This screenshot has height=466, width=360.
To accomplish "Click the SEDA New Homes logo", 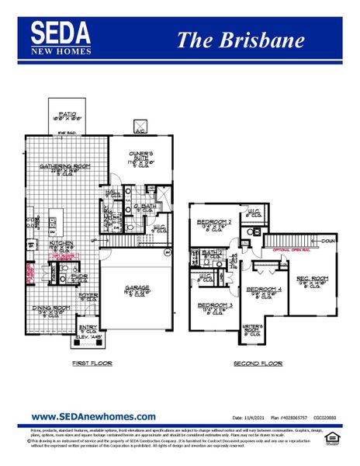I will tap(61, 37).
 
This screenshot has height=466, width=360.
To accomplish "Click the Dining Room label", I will tap(46, 309).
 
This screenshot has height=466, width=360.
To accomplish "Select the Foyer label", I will tap(88, 295).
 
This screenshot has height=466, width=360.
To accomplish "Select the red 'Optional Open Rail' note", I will tap(292, 250).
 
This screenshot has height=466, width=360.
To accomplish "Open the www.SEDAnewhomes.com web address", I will tap(93, 417).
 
